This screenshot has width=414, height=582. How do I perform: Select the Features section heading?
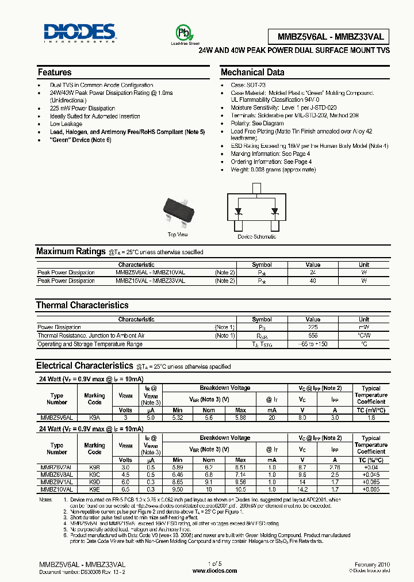(55, 72)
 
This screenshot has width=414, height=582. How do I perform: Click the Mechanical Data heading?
(252, 72)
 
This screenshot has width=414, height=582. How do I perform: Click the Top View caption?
(178, 235)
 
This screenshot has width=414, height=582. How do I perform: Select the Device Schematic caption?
(256, 236)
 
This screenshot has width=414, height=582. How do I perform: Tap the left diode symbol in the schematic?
(239, 212)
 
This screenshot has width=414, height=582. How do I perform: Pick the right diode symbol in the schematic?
(274, 212)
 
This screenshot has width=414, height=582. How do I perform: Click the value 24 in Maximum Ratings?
(313, 273)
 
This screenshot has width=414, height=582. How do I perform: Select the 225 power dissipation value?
(313, 327)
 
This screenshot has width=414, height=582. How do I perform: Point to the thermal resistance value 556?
(313, 335)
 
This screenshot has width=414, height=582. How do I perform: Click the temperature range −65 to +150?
(313, 344)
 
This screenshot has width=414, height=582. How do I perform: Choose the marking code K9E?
(94, 489)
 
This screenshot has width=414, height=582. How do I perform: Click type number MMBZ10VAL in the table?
(56, 489)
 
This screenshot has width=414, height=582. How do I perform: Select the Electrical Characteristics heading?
(84, 366)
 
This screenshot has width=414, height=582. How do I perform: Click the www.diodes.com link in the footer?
(214, 571)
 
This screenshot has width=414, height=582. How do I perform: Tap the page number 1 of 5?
(214, 565)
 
